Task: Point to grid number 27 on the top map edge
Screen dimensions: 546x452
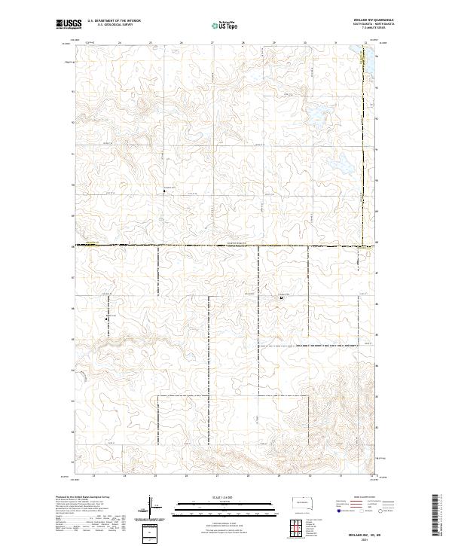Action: [213, 42]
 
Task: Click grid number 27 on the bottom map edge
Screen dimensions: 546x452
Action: [217, 476]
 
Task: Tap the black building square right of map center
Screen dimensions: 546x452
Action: [281, 298]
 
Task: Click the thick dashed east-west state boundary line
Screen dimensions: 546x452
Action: [226, 246]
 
